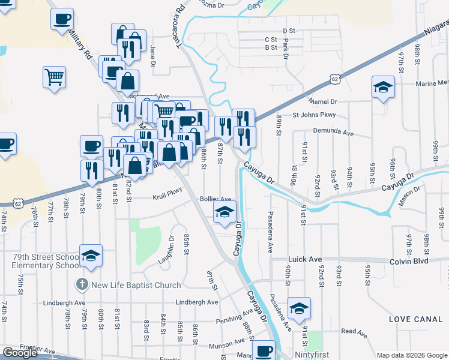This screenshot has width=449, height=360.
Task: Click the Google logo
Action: click(20, 353)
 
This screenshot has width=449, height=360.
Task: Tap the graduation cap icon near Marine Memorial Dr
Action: click(383, 88)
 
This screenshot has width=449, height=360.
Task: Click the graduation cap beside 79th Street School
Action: click(91, 256)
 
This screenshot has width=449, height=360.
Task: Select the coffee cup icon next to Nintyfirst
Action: click(263, 351)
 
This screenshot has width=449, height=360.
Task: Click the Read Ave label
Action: click(354, 331)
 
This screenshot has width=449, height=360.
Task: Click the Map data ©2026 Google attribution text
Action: click(411, 355)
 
